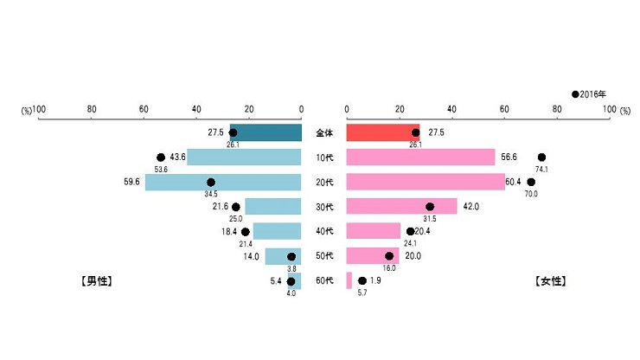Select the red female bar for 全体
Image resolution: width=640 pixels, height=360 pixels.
tap(382, 132)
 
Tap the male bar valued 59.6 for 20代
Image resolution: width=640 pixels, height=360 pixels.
tap(223, 183)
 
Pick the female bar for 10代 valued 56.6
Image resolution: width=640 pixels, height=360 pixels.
tap(420, 157)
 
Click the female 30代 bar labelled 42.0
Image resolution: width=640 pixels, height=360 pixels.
tap(401, 207)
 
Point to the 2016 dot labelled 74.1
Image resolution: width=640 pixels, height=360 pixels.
tap(541, 157)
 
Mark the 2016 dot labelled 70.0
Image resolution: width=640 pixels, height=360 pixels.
tap(531, 182)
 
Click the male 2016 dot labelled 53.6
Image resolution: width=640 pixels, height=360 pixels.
tap(161, 157)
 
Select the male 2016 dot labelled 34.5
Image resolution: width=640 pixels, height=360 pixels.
tap(211, 182)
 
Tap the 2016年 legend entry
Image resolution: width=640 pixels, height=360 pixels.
tap(590, 93)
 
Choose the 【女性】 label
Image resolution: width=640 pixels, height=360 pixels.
tap(551, 281)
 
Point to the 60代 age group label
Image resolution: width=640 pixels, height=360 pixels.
tap(323, 281)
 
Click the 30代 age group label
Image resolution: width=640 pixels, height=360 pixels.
tap(323, 207)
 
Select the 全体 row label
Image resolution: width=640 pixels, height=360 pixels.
tap(323, 133)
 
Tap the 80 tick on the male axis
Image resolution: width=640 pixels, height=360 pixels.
tap(92, 110)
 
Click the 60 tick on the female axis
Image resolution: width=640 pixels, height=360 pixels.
tap(504, 110)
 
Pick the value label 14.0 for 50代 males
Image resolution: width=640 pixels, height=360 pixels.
tap(252, 257)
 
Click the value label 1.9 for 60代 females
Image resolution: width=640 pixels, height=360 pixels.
tap(375, 281)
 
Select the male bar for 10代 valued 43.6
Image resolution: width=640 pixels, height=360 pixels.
tap(244, 157)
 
